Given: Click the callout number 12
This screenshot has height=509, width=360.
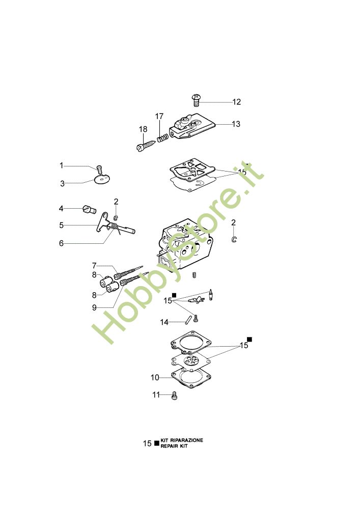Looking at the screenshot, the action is pos(237,102).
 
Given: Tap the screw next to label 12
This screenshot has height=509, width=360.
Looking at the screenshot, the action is pos(196,100).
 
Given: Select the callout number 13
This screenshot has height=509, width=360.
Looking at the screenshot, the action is pos(236,124).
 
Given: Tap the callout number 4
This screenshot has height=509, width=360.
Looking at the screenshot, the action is pos(61,208).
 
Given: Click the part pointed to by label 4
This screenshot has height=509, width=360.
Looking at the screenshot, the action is pos(89,209).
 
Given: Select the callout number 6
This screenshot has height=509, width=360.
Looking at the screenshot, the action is pos(61,243).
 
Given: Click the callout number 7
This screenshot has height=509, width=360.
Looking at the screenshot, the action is pos(94,266).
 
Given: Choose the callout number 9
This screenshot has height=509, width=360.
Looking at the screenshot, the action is pos(94,307).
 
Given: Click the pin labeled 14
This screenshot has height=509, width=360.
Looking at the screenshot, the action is pos(187,319).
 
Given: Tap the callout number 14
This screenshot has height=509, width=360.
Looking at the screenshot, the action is pos(164,322).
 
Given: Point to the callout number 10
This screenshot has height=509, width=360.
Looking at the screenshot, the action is pos(155,378).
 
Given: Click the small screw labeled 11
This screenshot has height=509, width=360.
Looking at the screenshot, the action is pos(174,395).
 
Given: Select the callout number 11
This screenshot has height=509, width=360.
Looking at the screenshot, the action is pos(156,395).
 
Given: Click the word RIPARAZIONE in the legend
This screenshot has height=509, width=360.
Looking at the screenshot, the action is pos(187,440).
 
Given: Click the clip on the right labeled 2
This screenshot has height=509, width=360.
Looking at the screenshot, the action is pos(234,239).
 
